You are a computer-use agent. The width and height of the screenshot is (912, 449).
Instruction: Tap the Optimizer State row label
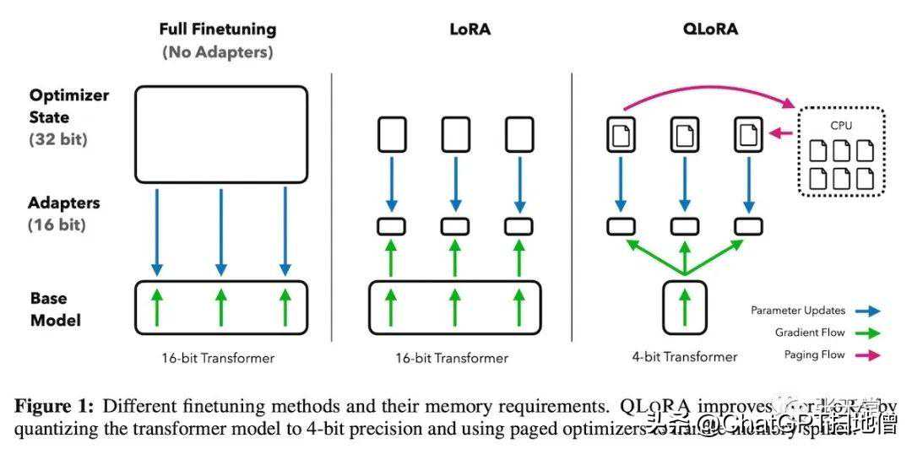69,106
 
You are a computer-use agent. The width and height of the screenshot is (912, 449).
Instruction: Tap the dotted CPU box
843,151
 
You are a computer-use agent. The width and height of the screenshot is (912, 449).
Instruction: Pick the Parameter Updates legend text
798,311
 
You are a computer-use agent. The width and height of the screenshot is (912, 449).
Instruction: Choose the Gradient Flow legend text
810,333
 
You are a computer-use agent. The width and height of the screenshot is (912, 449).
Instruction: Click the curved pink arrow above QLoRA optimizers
709,83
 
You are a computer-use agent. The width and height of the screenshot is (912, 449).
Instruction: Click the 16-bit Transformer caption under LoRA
452,358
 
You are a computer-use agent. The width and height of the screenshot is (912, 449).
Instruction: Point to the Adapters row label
64,203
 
